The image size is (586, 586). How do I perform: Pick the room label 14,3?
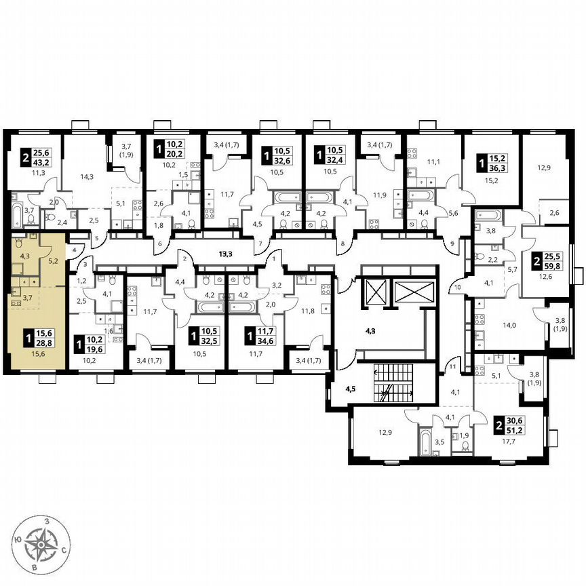[85, 177]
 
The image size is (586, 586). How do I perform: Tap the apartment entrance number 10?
[458, 288]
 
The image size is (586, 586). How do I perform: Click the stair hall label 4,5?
[351, 389]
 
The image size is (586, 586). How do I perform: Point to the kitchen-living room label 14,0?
[509, 325]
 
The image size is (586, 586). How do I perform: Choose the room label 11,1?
[434, 163]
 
